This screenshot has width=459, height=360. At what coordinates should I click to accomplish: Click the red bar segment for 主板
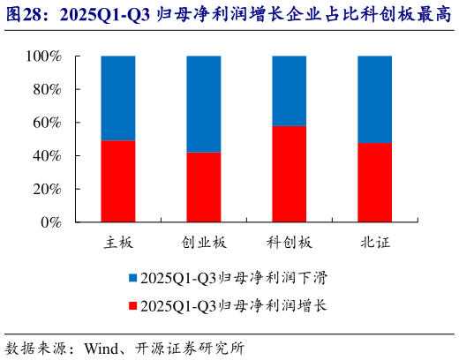tap(118, 181)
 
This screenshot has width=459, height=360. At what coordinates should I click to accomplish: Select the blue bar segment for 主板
tap(118, 98)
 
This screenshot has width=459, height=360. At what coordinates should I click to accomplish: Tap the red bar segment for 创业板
tap(204, 187)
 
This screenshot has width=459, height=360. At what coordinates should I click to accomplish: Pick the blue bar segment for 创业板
tap(204, 104)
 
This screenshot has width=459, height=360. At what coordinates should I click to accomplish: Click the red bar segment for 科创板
tap(290, 174)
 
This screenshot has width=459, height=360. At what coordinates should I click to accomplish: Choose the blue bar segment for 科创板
tap(290, 91)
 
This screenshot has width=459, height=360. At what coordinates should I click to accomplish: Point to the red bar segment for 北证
tap(374, 182)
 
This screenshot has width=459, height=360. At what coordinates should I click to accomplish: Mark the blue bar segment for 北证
tap(374, 99)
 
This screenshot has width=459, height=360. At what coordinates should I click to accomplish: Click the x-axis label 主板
tap(118, 242)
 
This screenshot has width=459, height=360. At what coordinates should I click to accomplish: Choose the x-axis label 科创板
tap(290, 242)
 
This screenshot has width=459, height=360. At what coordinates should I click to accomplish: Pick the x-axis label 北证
tap(374, 242)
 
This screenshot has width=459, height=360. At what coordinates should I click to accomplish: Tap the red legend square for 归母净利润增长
tap(132, 305)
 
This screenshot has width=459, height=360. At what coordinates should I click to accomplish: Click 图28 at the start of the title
tap(24, 14)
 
